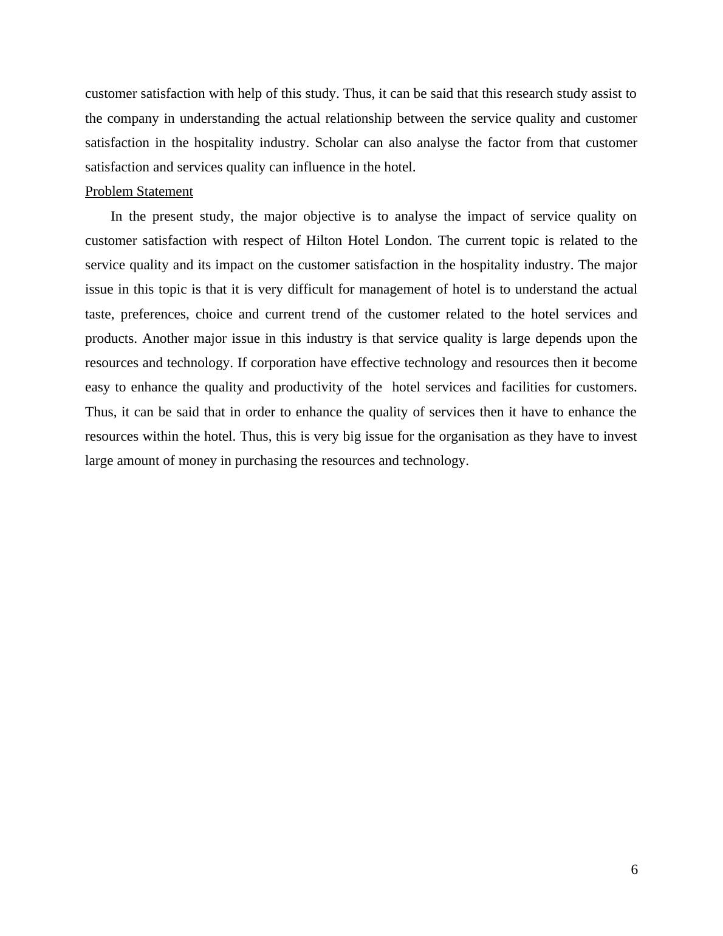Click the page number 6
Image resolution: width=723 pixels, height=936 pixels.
(634, 870)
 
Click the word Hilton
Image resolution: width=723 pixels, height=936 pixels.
(324, 241)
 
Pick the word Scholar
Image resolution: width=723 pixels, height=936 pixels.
(336, 143)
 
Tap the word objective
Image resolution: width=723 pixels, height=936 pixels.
(329, 216)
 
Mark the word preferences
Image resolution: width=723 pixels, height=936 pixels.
(154, 314)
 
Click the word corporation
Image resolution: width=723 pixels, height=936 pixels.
(283, 363)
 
